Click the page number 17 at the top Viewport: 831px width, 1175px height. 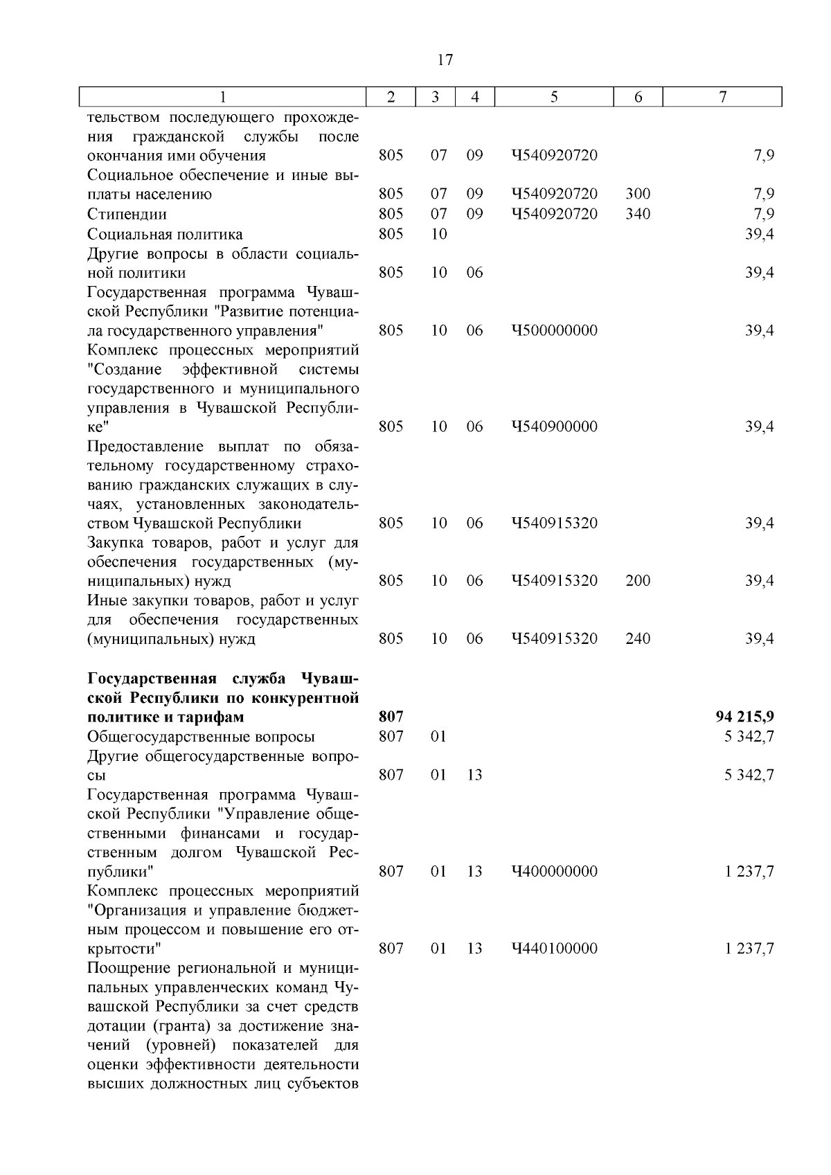click(x=445, y=60)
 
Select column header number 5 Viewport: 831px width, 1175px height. click(x=555, y=97)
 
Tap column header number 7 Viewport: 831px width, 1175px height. click(x=722, y=97)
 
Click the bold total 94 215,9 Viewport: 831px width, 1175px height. click(x=744, y=717)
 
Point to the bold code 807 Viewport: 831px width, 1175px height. click(x=391, y=717)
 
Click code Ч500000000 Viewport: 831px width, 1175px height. click(x=555, y=330)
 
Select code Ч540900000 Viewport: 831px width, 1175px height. click(x=555, y=427)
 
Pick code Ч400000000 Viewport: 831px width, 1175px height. click(x=555, y=871)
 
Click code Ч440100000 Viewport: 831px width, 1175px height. click(x=555, y=948)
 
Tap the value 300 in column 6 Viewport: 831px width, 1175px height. click(x=638, y=195)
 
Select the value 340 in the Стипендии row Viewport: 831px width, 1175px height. click(x=638, y=214)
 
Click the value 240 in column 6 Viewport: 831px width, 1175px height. click(x=638, y=638)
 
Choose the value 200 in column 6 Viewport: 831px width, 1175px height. click(x=638, y=580)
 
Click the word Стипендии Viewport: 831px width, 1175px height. click(x=127, y=214)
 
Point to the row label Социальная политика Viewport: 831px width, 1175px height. click(x=165, y=234)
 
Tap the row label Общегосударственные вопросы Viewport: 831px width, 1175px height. click(x=201, y=736)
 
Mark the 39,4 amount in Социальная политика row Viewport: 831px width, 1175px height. click(x=760, y=234)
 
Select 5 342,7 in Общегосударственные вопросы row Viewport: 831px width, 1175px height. click(x=749, y=736)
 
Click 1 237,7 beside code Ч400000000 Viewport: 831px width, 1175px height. click(x=749, y=871)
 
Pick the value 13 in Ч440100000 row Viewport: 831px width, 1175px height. click(x=474, y=948)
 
